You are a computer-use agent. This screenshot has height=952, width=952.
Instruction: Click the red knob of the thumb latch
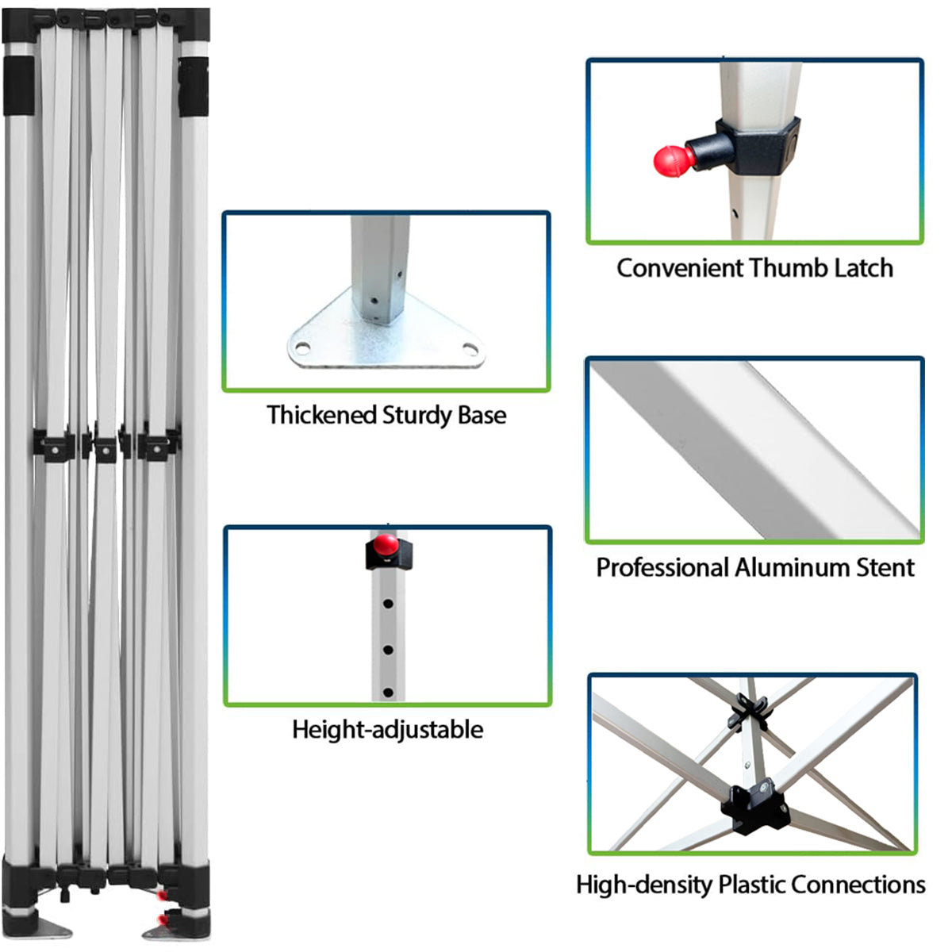(674, 160)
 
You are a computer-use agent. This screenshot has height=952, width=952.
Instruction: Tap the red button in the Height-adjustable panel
(386, 544)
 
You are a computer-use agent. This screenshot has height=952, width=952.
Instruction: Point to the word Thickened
(322, 415)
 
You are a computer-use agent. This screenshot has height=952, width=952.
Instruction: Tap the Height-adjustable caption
(388, 729)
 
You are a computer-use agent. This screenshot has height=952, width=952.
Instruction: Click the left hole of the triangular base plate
(303, 348)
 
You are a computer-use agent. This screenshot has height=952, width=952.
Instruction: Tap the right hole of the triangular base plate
(470, 349)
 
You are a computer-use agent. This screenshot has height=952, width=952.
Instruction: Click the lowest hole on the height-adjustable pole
(388, 693)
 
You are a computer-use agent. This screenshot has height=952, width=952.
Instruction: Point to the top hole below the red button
(388, 604)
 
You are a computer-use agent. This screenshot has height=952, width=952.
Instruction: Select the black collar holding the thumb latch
(758, 146)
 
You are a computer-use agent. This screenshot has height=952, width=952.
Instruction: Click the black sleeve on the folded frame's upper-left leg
(19, 86)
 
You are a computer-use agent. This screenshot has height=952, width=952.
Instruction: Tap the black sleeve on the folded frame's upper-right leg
(193, 87)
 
